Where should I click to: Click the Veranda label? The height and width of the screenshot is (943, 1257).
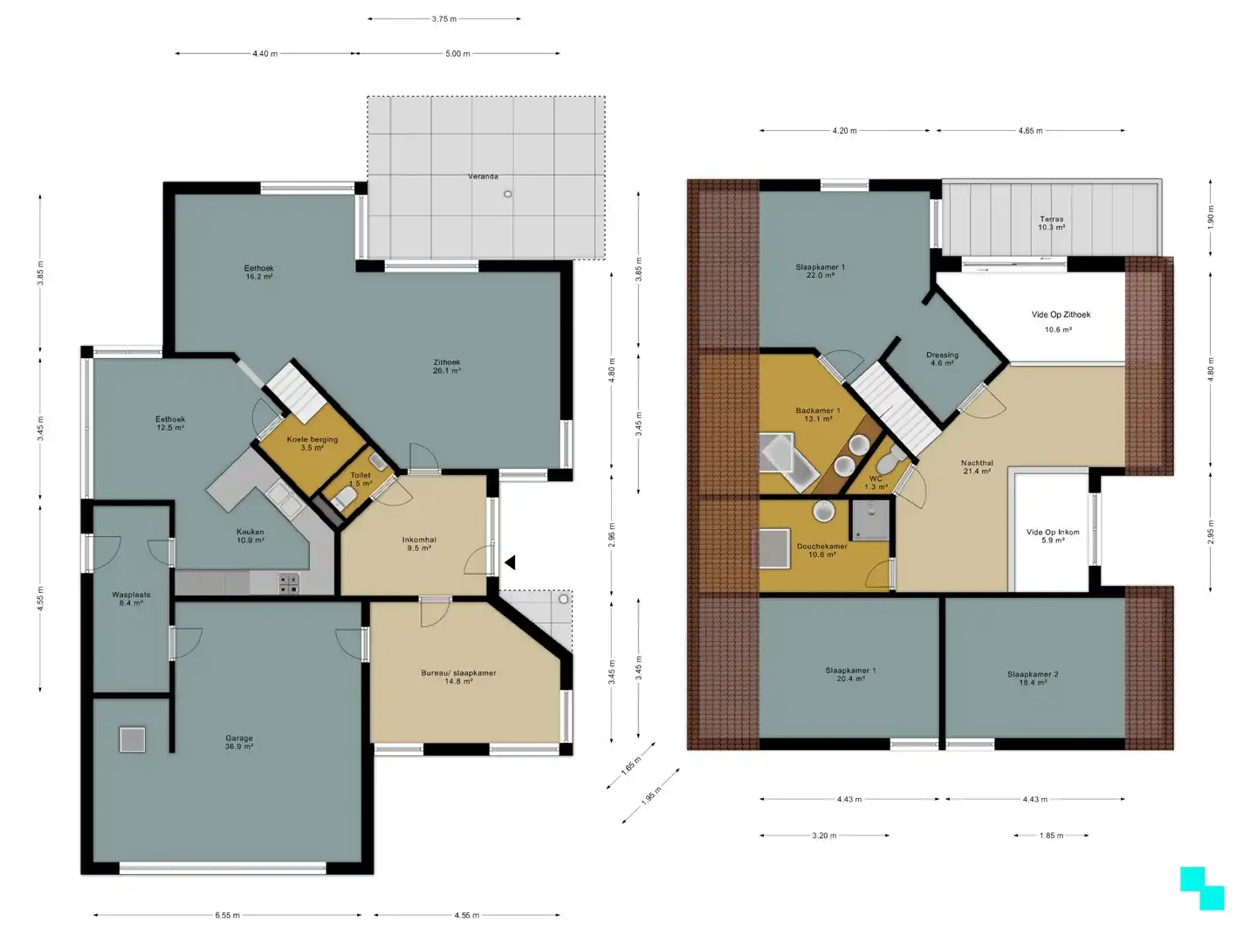click(483, 176)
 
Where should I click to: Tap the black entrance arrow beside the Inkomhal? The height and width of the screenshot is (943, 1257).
click(510, 563)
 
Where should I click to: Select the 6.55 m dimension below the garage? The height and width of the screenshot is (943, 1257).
click(227, 915)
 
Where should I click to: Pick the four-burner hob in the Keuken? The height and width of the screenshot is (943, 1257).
click(289, 583)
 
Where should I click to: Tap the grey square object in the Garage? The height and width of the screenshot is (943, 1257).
click(133, 740)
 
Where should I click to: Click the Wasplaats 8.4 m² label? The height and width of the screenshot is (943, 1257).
click(131, 598)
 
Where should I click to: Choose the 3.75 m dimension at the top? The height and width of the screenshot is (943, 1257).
click(444, 19)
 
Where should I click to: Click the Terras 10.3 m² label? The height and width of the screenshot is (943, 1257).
click(1051, 224)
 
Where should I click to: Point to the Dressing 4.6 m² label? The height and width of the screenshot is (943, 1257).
click(942, 359)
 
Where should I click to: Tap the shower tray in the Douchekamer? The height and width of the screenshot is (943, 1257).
click(870, 520)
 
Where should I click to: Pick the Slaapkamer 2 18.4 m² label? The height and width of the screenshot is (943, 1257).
click(1033, 678)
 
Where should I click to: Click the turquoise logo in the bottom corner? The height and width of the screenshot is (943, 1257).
click(1202, 888)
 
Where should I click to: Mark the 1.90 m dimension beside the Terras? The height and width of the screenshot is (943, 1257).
click(1211, 217)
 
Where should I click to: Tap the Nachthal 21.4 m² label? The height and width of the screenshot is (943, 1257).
click(977, 467)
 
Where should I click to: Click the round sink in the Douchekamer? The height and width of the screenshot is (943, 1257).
click(823, 512)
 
